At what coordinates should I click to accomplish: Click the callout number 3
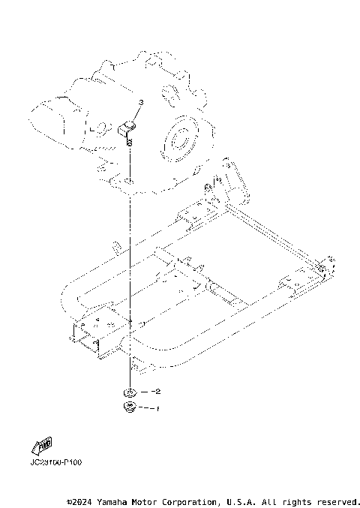click(x=139, y=102)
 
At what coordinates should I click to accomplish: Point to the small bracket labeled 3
click(x=129, y=128)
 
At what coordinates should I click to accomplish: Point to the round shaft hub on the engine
click(x=180, y=139)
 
